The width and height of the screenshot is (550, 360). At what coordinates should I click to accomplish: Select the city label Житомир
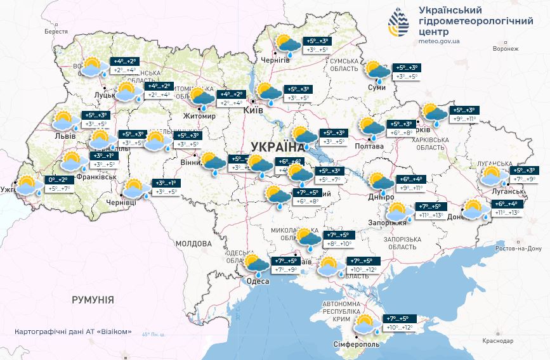(199, 117)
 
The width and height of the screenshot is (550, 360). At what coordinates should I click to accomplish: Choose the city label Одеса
(259, 281)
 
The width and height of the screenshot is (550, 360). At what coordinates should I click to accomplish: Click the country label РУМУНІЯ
(93, 299)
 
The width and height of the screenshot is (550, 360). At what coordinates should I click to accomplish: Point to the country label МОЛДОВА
(193, 243)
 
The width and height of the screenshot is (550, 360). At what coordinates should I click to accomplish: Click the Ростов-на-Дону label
(518, 248)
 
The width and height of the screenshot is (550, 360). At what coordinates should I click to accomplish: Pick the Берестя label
(56, 31)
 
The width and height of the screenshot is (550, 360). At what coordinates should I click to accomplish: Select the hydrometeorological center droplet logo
(399, 23)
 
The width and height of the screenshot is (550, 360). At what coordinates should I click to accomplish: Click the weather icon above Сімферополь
(367, 325)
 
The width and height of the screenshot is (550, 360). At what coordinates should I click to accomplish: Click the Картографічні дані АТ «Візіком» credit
(73, 331)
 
